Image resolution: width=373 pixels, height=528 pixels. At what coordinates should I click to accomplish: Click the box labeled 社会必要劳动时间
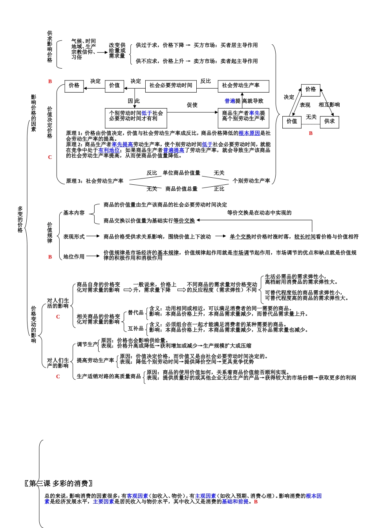(171, 86)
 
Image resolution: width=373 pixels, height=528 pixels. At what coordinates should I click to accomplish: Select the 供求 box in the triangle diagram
(329, 122)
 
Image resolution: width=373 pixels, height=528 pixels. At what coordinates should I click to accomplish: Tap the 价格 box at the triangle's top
(311, 89)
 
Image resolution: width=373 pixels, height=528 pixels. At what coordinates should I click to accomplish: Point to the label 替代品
(136, 313)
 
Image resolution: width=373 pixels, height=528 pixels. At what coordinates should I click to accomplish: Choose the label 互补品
(136, 328)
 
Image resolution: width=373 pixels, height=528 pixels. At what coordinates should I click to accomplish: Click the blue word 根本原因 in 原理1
(249, 133)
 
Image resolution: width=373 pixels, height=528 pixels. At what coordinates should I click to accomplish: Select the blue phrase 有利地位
(109, 150)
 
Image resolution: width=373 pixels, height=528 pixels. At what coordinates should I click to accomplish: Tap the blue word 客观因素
(137, 496)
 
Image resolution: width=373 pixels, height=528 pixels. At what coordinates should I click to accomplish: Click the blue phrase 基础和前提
(235, 502)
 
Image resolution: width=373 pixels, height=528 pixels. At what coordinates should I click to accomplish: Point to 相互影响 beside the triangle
(329, 105)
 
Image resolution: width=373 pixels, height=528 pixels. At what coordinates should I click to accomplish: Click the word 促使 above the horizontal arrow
(192, 105)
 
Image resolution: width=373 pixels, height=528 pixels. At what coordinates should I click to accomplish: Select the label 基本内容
(74, 213)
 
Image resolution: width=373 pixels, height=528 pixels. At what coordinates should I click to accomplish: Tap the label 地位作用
(74, 257)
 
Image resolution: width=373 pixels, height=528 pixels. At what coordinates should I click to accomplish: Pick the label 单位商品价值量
(181, 173)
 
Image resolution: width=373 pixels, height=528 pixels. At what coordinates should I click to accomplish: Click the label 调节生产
(87, 344)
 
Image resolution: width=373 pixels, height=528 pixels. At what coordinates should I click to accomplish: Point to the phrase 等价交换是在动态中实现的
(259, 213)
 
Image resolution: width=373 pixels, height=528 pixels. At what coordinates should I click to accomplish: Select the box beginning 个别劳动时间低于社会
(136, 116)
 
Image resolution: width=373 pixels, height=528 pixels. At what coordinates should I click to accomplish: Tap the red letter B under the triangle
(311, 133)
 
